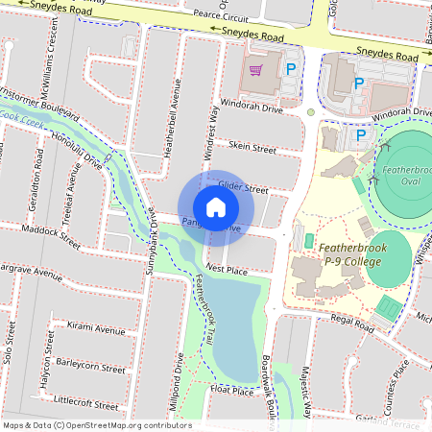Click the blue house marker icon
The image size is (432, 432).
[x=216, y=207]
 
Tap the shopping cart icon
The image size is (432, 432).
[x=255, y=69]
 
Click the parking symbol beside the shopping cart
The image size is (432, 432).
[x=290, y=69]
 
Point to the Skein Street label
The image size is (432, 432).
[x=252, y=150]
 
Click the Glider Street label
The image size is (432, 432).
[x=243, y=188]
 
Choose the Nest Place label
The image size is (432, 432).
[x=227, y=271]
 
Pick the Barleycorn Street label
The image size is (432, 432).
[x=91, y=367]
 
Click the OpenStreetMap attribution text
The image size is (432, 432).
[x=96, y=424]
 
